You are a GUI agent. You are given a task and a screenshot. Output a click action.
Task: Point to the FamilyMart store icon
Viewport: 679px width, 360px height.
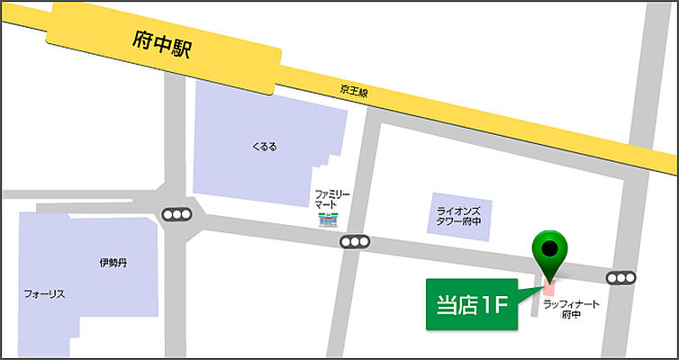(327, 219)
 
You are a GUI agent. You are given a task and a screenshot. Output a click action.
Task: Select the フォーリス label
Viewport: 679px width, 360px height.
(45, 293)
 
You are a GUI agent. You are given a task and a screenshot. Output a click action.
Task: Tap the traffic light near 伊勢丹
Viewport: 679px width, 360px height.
(176, 215)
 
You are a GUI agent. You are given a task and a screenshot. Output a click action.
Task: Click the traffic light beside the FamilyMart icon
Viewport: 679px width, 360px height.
(356, 242)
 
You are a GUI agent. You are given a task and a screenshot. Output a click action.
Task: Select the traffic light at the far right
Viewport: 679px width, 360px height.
(621, 278)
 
